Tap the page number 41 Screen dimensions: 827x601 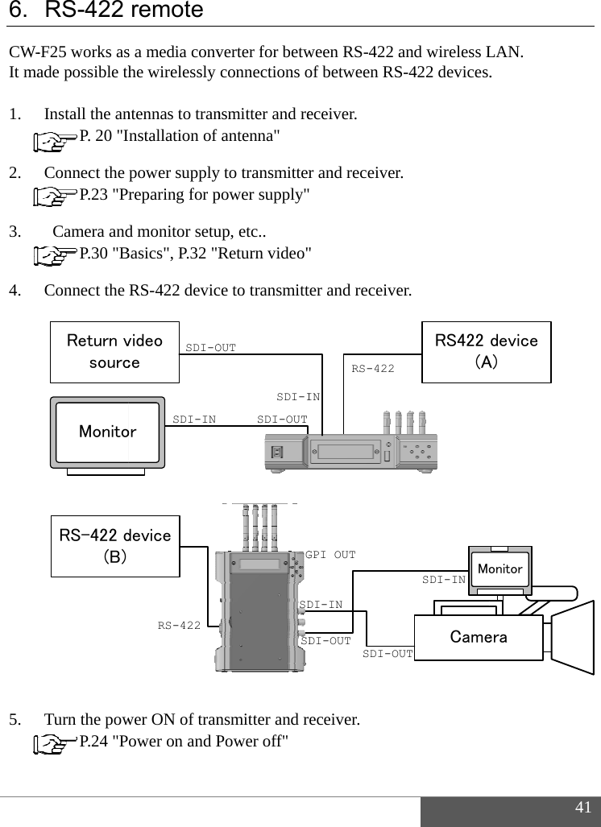(582, 808)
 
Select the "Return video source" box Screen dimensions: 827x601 (114, 351)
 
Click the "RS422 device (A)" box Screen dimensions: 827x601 (487, 351)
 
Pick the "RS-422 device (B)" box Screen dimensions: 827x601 (114, 546)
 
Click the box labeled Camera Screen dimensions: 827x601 (479, 637)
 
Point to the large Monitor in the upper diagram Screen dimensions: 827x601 (107, 432)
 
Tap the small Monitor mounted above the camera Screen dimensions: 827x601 (499, 569)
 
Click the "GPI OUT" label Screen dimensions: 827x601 (330, 555)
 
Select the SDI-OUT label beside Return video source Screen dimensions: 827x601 (211, 348)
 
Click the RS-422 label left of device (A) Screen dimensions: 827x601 (373, 369)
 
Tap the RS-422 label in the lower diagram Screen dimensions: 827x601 (179, 625)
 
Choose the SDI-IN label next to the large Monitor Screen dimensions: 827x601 (194, 419)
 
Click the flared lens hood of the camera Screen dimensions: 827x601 (574, 636)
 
